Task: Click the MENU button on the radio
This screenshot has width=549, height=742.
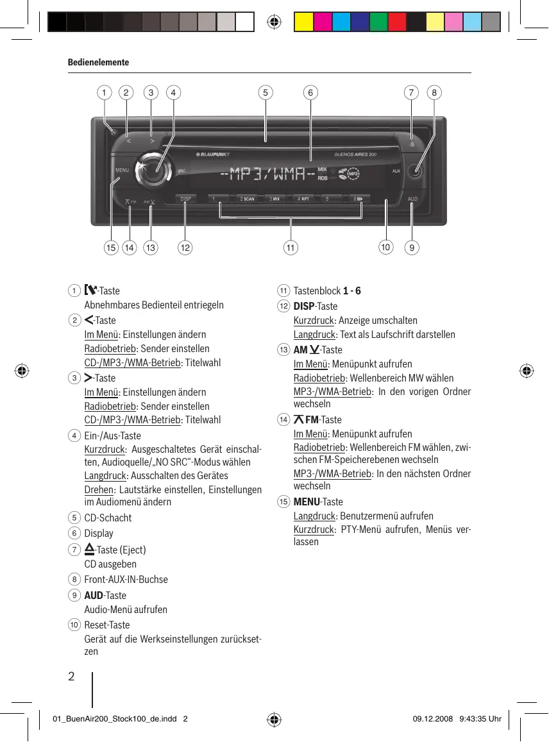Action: [122, 171]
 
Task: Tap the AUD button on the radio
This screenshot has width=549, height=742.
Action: [412, 199]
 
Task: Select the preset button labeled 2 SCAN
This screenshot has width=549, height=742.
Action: [247, 199]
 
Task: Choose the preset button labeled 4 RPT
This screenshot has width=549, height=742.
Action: [303, 199]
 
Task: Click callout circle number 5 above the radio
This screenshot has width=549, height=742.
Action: [264, 92]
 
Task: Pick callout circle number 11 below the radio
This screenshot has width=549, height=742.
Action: [291, 247]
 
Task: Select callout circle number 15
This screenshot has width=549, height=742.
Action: [111, 247]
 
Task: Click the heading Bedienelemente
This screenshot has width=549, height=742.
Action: [98, 62]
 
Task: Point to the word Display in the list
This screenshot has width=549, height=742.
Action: [99, 534]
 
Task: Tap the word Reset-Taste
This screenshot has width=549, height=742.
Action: [107, 625]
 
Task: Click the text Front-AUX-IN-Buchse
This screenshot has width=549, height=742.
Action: [126, 580]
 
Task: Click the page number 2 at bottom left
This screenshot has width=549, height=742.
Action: [71, 677]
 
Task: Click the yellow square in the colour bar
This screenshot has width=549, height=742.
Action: [303, 22]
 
